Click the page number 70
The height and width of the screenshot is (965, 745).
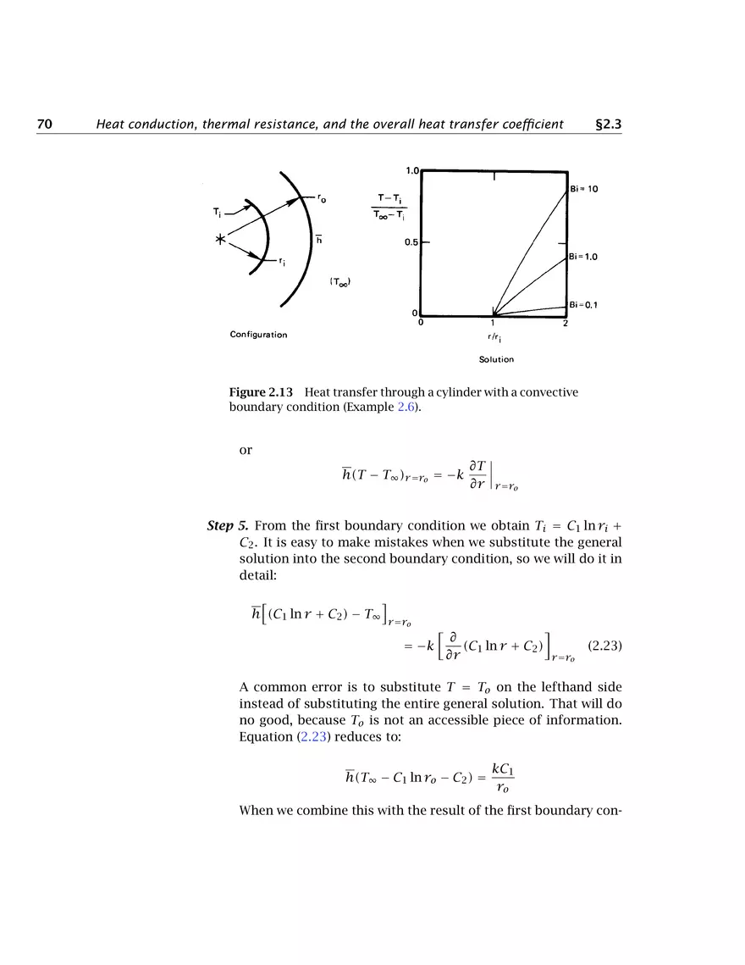(x=45, y=125)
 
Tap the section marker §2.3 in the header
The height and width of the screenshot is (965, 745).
(x=609, y=125)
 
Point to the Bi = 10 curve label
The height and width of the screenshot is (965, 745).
(x=583, y=189)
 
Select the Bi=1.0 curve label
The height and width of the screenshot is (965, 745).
(x=583, y=256)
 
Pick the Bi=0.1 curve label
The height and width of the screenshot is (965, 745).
(x=583, y=305)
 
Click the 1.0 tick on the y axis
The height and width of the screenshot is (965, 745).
(x=412, y=170)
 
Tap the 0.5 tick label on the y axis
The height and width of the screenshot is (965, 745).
(x=411, y=242)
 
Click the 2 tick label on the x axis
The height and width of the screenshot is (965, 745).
(x=565, y=323)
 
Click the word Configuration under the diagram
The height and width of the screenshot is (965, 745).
(x=258, y=335)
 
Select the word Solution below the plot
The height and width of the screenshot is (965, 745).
(x=496, y=359)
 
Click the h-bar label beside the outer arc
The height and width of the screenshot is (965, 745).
(x=319, y=239)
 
